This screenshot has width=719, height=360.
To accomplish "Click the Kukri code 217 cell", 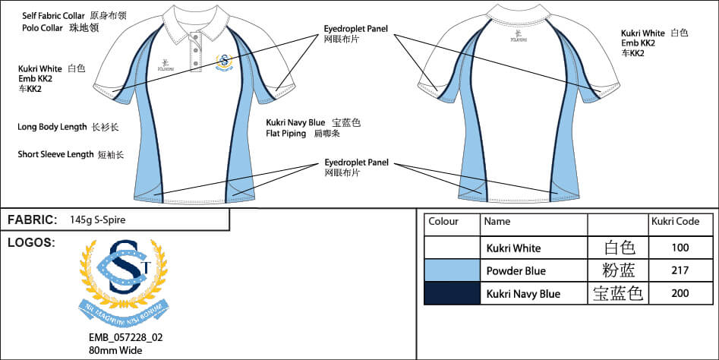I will coord(680,270).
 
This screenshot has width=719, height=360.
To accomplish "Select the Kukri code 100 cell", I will coord(680,248).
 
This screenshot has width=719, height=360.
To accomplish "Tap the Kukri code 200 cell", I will coord(680,293).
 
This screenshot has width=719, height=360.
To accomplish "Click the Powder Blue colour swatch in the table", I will coord(452,270).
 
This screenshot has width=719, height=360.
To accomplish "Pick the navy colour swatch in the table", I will coord(452,293).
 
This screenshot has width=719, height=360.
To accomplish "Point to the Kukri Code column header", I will coord(675,222).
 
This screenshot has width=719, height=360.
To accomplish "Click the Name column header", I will coord(497,222).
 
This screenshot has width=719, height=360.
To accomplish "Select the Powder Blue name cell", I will coord(516,270).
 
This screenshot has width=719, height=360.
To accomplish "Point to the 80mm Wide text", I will coord(115,350).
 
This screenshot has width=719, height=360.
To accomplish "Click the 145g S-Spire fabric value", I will coord(97,220).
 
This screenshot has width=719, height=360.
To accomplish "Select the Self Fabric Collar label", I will coord(53,15).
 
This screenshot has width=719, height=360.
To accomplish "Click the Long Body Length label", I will coord(52,127).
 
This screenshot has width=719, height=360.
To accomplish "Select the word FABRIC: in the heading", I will coord(32,220).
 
